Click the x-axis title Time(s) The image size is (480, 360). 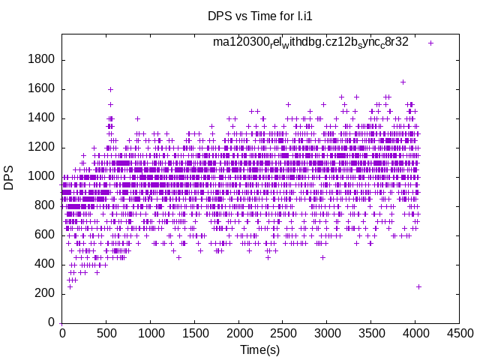[x=260, y=349]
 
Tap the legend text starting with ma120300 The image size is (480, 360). [x=310, y=42]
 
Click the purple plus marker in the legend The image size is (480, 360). [x=430, y=43]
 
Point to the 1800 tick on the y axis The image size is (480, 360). [x=41, y=60]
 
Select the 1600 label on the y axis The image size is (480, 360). [x=41, y=89]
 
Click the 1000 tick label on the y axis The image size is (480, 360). [x=41, y=177]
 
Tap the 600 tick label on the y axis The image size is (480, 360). [x=45, y=235]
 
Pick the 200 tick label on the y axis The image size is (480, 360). [x=45, y=293]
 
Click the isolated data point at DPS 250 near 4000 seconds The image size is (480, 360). [x=418, y=286]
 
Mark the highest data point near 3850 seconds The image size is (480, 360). [x=403, y=82]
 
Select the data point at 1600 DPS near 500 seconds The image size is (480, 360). [x=110, y=89]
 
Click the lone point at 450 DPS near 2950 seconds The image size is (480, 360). [x=322, y=257]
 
